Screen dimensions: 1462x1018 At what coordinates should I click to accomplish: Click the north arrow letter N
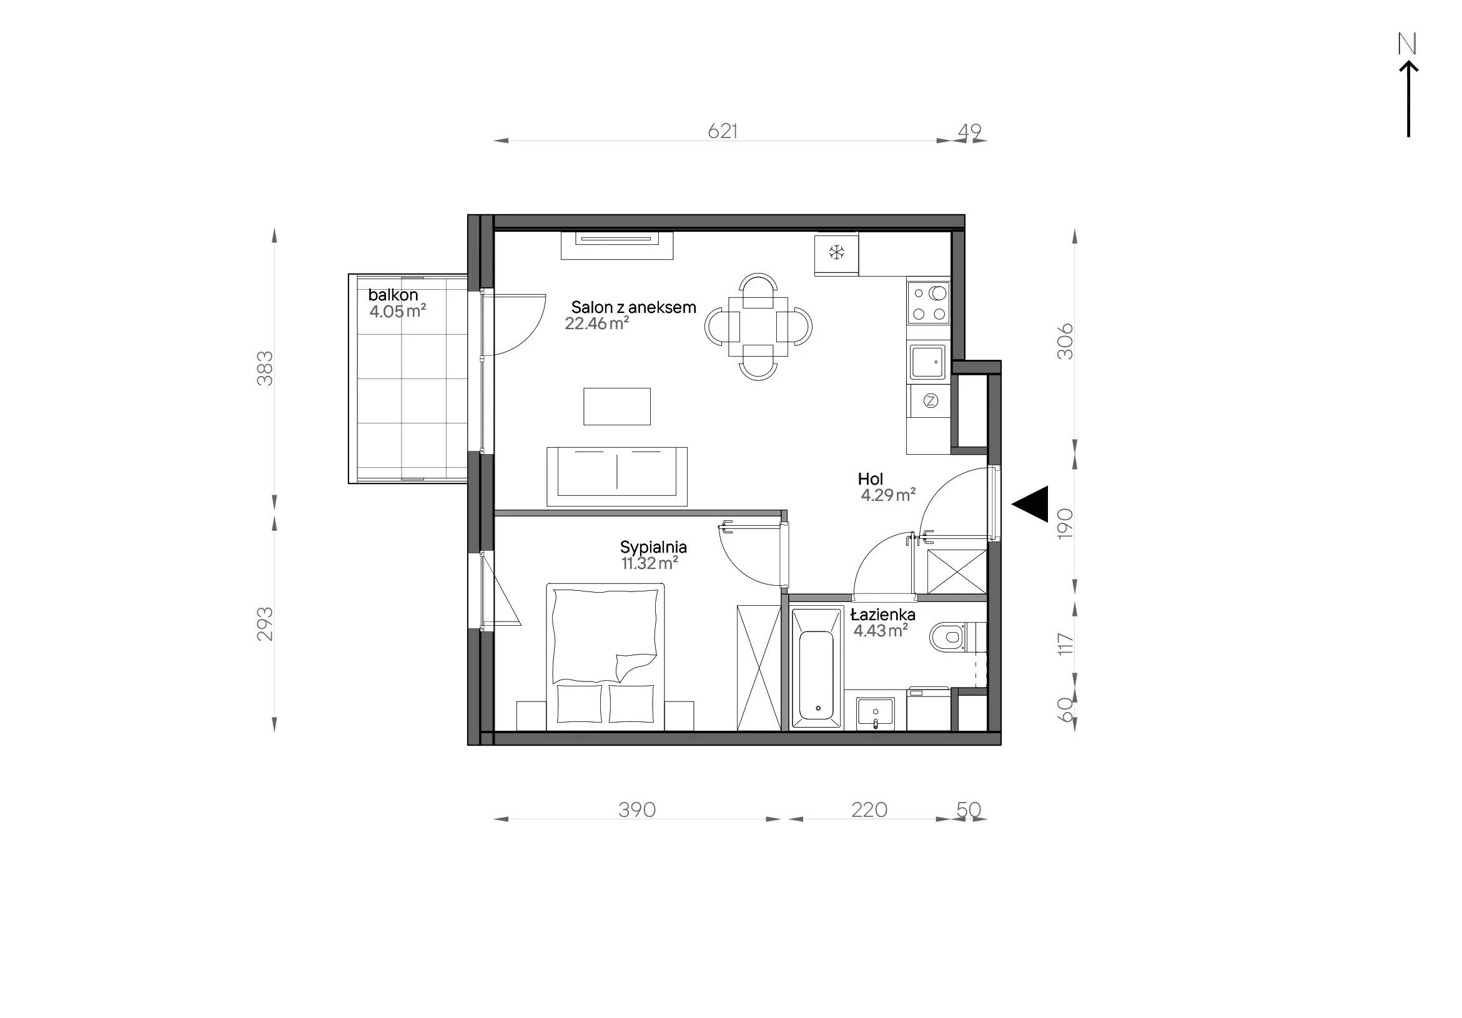1406,43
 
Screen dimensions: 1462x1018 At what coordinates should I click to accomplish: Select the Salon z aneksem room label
634,307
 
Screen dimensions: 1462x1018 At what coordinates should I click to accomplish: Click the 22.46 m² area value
596,324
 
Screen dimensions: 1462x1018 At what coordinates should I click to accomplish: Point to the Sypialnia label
653,547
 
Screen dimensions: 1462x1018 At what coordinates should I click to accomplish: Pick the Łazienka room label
882,615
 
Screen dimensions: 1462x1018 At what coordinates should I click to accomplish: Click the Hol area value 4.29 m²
888,495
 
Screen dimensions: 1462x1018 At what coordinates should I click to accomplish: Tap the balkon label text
393,295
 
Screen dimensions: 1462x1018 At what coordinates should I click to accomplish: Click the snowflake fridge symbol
836,253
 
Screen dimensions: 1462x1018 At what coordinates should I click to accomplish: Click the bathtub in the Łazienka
816,668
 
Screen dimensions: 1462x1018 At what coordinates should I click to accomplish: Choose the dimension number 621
723,131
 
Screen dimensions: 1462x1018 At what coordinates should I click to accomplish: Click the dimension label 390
638,810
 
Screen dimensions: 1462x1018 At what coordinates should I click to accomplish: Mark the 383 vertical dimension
264,368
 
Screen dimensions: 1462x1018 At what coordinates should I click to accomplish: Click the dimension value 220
869,810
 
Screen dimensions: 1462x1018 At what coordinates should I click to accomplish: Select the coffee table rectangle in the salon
617,406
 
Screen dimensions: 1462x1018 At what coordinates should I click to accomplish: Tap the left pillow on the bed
580,703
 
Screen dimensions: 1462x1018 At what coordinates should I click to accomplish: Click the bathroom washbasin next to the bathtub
876,713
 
